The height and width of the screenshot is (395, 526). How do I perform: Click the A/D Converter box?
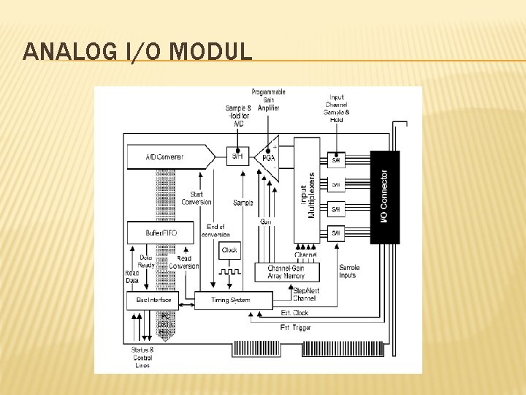pyautogui.click(x=167, y=157)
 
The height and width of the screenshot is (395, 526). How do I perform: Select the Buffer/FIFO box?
pyautogui.click(x=160, y=233)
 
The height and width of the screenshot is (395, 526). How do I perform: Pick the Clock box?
pyautogui.click(x=229, y=250)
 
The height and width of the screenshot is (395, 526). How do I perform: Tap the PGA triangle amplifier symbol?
pyautogui.click(x=268, y=157)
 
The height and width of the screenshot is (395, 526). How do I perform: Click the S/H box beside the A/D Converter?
pyautogui.click(x=237, y=156)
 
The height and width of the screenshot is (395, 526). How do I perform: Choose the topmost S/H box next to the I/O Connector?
pyautogui.click(x=336, y=159)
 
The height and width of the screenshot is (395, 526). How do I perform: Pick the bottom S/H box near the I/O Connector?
pyautogui.click(x=336, y=233)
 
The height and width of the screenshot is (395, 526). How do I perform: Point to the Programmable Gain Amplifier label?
pyautogui.click(x=269, y=99)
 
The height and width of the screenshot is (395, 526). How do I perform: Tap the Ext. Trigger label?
pyautogui.click(x=296, y=327)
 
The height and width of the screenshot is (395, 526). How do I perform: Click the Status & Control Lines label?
pyautogui.click(x=142, y=358)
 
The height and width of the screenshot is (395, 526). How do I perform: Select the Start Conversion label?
pyautogui.click(x=196, y=197)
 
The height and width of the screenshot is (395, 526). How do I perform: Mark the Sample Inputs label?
pyautogui.click(x=349, y=271)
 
